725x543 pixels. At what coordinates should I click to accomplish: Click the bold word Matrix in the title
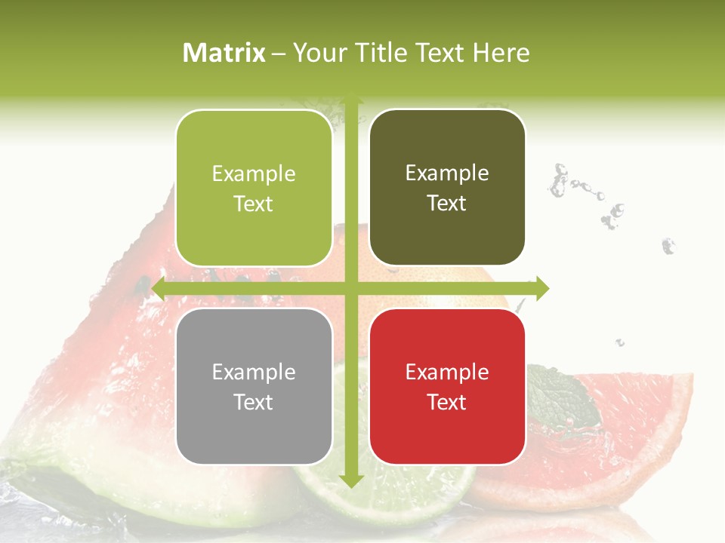coord(224,53)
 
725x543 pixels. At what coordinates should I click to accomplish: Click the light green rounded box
coord(254,189)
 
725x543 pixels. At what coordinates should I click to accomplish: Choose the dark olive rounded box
coord(447,188)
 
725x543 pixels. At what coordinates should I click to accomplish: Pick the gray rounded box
coord(254,386)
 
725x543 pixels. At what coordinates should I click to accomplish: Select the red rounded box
coord(447,386)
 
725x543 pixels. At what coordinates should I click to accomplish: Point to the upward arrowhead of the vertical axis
coord(350,99)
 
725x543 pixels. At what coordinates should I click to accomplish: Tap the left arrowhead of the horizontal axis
coord(159,289)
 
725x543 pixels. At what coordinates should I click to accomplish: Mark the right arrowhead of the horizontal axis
coord(541,289)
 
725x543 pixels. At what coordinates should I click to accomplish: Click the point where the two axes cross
coord(350,289)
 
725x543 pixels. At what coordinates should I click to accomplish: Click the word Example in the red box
coord(447,372)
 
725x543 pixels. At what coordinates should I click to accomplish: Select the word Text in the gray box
coord(254,402)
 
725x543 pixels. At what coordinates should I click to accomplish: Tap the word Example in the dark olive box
coord(447,173)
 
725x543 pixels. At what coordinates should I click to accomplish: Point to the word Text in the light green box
coord(254,204)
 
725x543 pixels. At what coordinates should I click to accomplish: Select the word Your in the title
coord(317,53)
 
